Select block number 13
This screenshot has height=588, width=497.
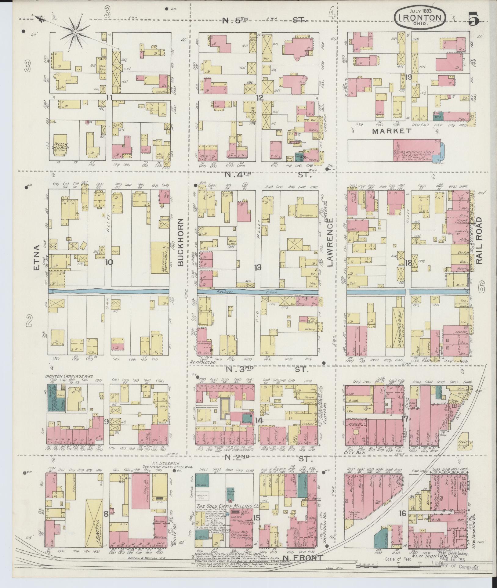pyautogui.click(x=258, y=268)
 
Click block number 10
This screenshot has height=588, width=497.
pyautogui.click(x=109, y=262)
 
